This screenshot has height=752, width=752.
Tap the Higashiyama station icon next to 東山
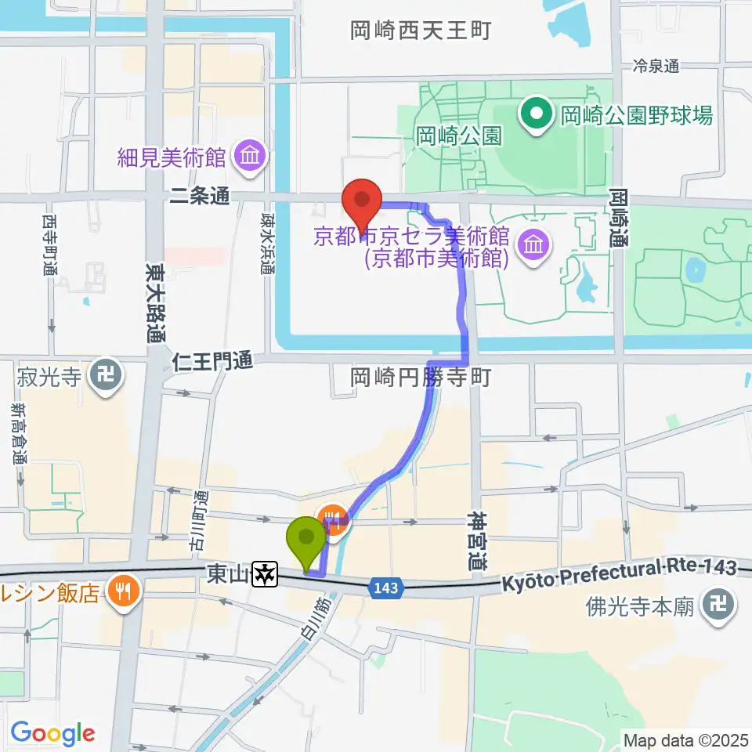click(266, 574)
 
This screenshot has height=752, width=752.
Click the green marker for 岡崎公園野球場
click(537, 115)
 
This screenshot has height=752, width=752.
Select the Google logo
click(52, 734)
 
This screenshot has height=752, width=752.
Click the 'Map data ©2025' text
click(685, 739)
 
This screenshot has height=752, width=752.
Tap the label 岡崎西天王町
click(421, 31)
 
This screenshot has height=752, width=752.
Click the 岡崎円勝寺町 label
click(421, 378)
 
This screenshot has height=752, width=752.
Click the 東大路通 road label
click(154, 302)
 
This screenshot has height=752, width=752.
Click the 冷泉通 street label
click(656, 67)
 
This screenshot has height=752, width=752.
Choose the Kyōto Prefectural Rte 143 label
click(619, 575)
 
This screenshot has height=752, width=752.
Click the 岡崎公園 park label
click(458, 136)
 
